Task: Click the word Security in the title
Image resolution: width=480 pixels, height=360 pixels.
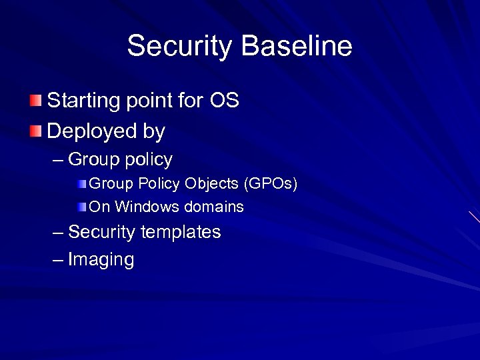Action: point(180,47)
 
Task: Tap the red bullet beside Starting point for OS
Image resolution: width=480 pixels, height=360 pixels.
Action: point(35,101)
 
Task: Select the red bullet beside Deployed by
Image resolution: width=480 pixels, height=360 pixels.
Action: point(35,131)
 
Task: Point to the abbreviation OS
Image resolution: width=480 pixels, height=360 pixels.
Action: point(224,101)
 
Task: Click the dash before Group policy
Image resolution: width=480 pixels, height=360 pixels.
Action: point(58,160)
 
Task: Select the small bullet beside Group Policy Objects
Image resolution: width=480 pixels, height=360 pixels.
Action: point(81,183)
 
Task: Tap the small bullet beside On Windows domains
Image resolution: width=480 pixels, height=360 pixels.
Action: point(81,207)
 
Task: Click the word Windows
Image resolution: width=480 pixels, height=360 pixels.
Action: point(147,207)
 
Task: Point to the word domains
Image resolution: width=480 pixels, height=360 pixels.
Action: point(214,207)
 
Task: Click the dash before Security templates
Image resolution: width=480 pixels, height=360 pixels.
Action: point(58,232)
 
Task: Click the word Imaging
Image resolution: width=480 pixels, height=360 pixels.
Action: point(101,260)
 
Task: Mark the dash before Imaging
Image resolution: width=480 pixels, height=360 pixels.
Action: point(58,260)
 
